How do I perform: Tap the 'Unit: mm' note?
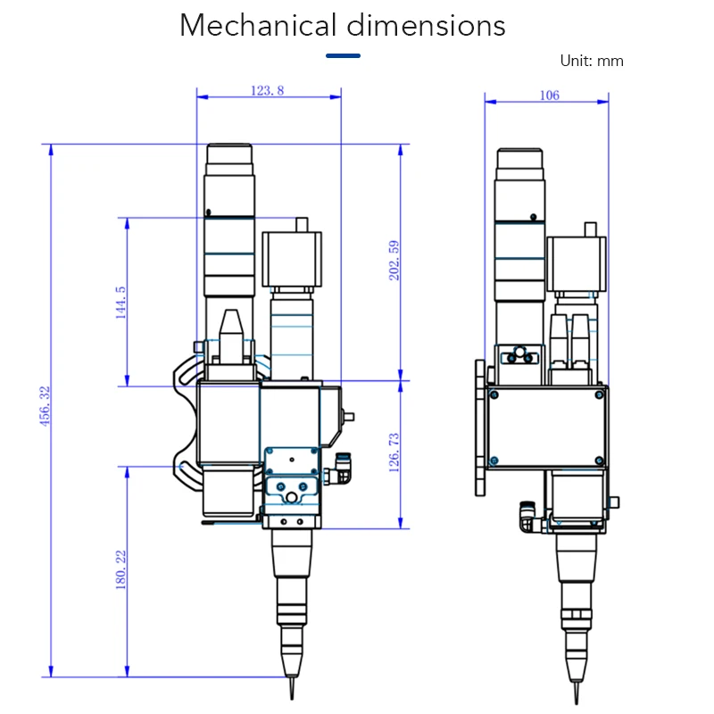coord(591,61)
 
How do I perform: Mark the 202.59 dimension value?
coord(394,261)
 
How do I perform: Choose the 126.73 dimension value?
coord(394,452)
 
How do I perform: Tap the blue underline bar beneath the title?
coord(343,55)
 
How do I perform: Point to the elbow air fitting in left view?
coord(341,469)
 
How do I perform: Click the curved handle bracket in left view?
coord(184,419)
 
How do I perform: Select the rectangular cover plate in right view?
coord(545,428)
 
